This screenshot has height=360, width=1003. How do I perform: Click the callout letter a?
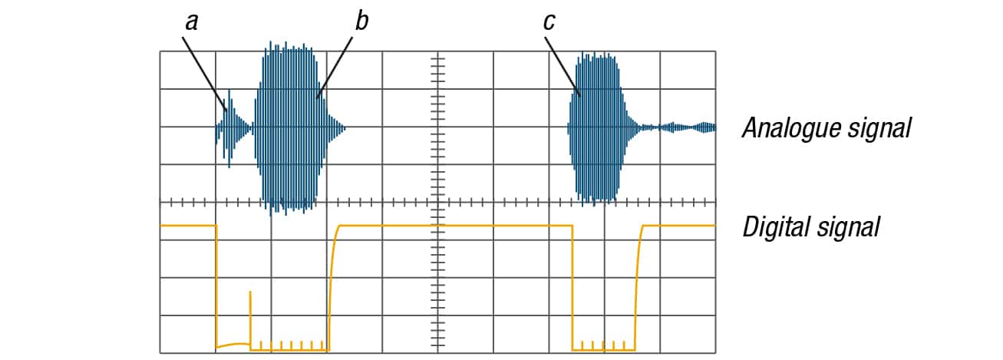192,22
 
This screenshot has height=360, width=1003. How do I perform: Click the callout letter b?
361,21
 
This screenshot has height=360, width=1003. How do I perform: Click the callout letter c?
549,22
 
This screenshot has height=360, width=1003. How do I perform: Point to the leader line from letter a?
204,74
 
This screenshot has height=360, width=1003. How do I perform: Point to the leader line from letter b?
335,68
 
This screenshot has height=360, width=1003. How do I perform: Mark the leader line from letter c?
563,66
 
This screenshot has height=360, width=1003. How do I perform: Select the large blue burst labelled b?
299,128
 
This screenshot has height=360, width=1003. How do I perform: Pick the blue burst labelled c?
598,128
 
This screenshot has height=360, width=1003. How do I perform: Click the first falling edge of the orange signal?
216,286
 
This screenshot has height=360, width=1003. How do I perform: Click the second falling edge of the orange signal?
572,287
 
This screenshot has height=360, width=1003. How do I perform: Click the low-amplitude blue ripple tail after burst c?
674,128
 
